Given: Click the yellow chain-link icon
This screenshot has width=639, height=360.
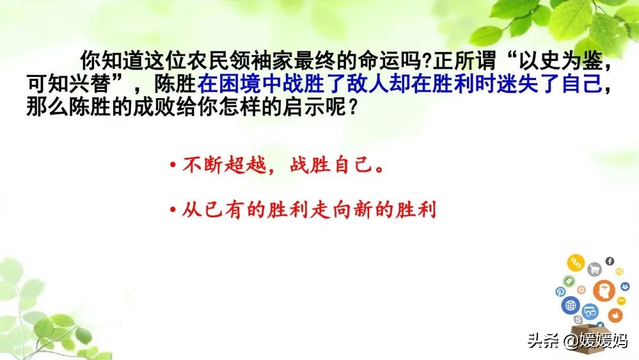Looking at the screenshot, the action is (576, 263).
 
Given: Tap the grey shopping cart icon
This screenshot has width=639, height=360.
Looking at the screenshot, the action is (594, 269).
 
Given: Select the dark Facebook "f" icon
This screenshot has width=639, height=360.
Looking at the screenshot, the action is (609, 261).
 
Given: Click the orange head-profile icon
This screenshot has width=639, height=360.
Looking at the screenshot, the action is (604, 291).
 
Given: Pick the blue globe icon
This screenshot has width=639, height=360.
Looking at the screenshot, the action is (570, 305).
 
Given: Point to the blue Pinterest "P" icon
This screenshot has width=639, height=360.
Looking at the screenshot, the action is (560, 292).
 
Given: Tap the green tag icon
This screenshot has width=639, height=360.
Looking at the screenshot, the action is (569, 281).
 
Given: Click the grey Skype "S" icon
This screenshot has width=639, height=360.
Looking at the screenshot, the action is (578, 320).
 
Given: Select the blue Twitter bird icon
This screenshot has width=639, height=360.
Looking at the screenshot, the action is (600, 325).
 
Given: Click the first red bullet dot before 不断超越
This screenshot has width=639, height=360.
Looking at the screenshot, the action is (173, 165).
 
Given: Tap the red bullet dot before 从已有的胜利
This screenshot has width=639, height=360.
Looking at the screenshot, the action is (173, 210).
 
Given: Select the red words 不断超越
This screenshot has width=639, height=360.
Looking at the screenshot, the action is (224, 165).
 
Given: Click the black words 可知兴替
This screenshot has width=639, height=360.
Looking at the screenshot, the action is (69, 83).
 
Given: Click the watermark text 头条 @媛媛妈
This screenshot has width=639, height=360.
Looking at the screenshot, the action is (578, 341).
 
